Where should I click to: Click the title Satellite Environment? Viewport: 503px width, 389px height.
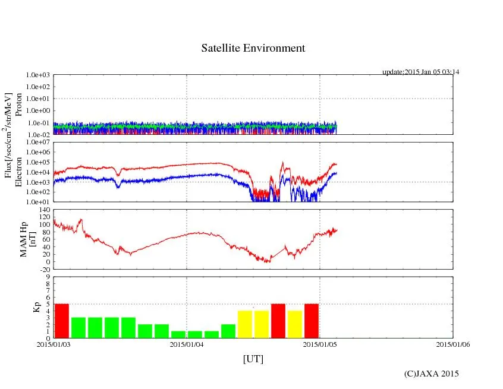click(253, 48)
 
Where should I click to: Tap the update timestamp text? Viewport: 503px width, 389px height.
click(421, 72)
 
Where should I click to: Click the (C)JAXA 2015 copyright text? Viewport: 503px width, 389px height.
click(431, 374)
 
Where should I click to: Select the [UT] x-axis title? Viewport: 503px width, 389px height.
click(253, 359)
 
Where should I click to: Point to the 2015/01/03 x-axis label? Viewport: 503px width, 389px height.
click(54, 343)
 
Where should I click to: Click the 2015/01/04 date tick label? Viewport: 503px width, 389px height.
click(187, 343)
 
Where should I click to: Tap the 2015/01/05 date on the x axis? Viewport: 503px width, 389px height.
click(320, 343)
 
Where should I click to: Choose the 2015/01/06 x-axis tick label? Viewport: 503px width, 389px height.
click(453, 343)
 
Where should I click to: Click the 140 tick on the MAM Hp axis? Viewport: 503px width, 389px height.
click(43, 210)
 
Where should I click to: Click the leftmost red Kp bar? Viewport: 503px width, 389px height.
click(62, 321)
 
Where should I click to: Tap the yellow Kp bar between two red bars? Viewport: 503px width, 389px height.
click(295, 324)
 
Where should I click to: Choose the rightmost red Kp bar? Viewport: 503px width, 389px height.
click(312, 321)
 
